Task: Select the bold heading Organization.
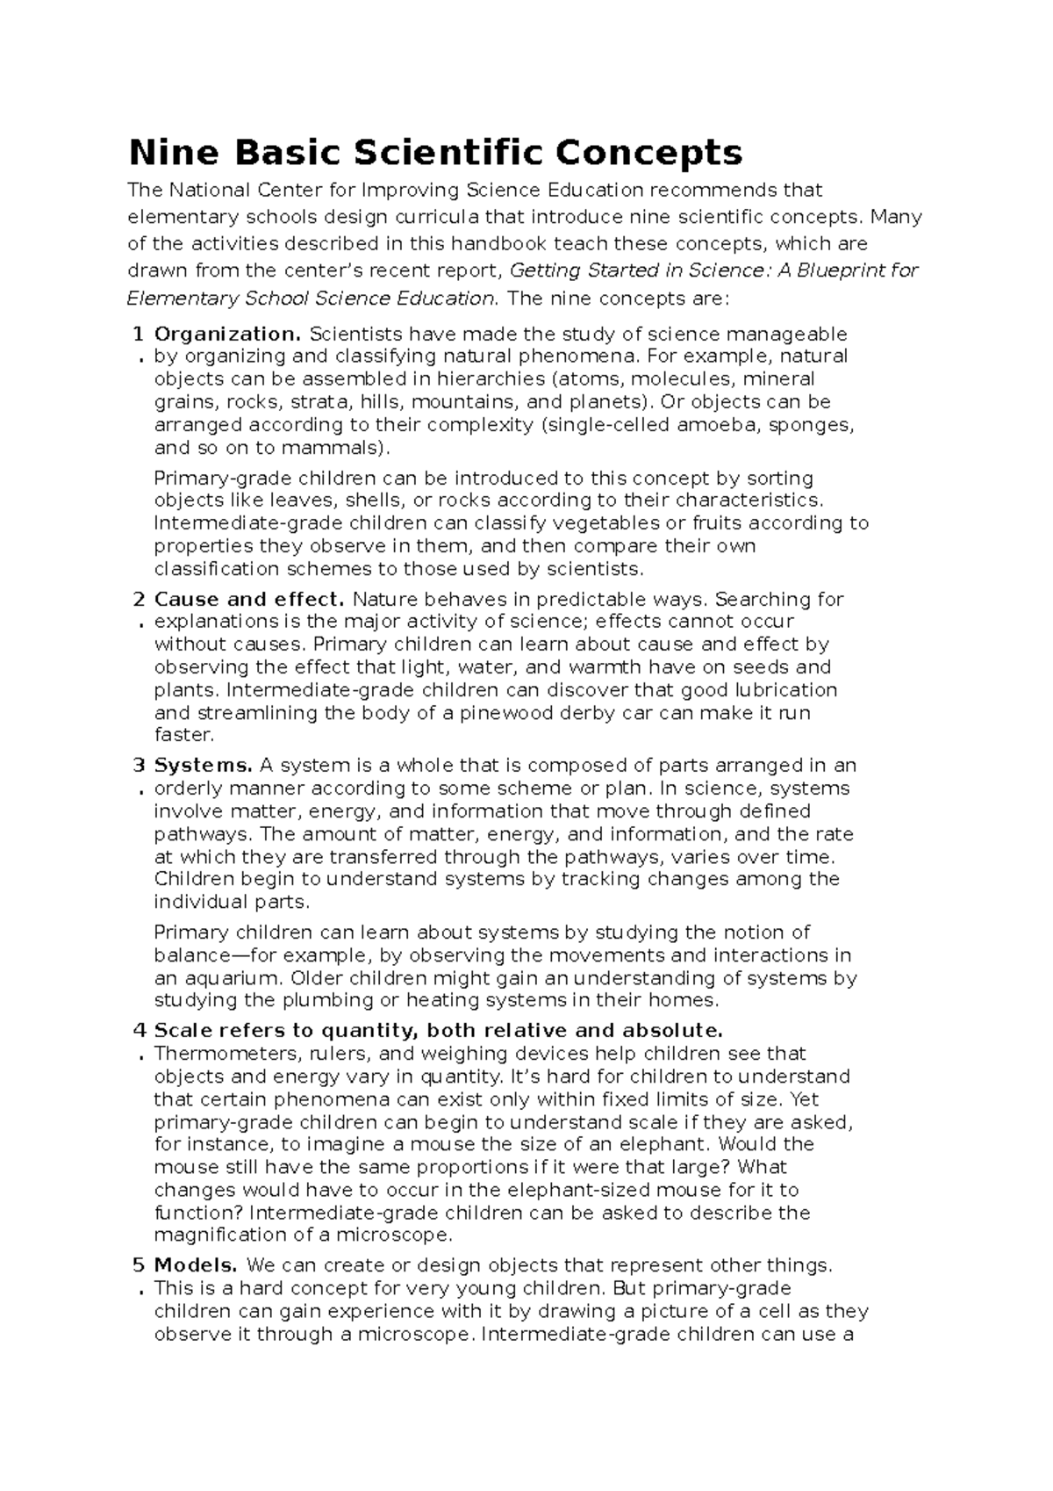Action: coord(227,334)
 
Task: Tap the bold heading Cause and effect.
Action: coord(248,600)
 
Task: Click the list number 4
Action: coord(138,1030)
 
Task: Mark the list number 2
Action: coord(138,600)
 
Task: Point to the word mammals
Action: coord(340,448)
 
